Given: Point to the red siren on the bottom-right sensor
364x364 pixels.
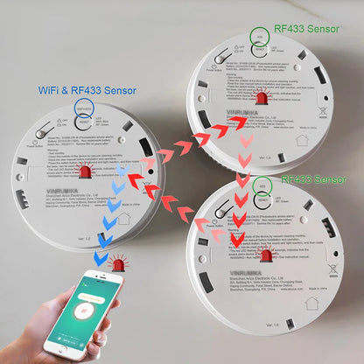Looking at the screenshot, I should pyautogui.click(x=267, y=255).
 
